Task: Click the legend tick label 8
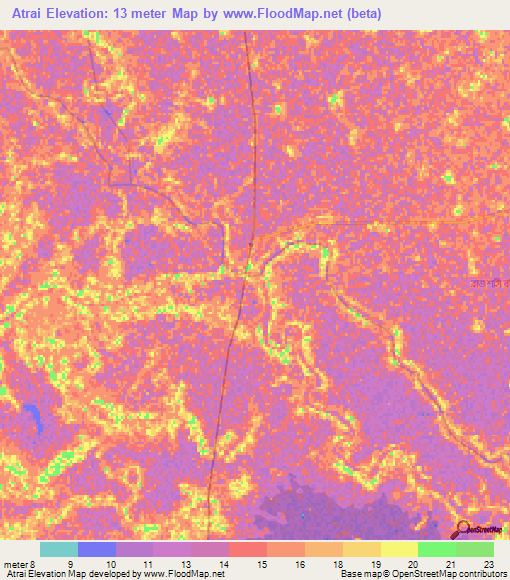32,565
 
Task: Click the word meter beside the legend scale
15,565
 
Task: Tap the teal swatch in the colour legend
59,549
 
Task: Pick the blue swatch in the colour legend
97,549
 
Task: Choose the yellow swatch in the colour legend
399,549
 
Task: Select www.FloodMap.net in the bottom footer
175,575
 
